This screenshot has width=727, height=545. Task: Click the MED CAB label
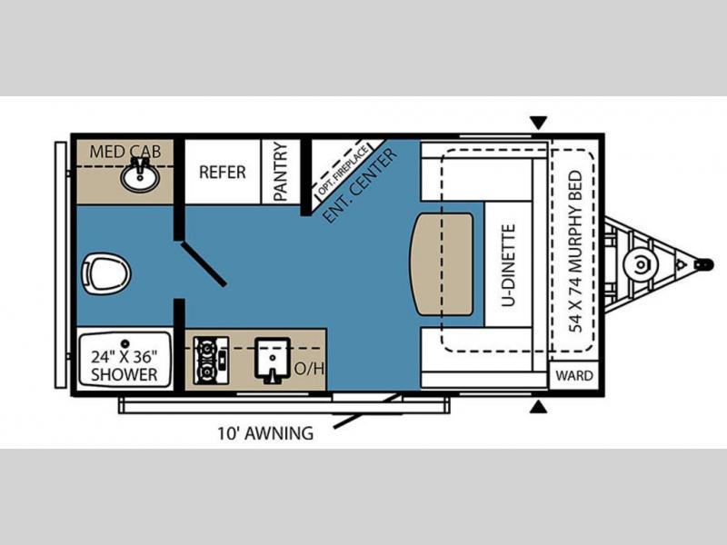pos(125,152)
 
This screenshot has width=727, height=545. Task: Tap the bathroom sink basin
pos(140,177)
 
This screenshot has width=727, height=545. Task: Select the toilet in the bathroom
pos(105,273)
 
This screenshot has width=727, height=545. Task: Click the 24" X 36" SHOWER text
pos(124,365)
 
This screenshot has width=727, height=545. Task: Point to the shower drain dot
pos(124,343)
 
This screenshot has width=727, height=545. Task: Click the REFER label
pos(222,173)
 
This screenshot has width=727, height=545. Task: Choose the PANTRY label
pos(281,172)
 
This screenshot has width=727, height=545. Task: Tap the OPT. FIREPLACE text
pos(344,170)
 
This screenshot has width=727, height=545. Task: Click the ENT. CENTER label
pos(359,185)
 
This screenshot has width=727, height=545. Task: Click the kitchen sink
pos(274,360)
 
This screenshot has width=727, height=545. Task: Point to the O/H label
pos(309,369)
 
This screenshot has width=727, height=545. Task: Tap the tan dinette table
pos(442,264)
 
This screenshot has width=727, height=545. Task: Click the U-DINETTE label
pos(509,265)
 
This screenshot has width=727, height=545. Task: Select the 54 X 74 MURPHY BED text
pos(575,252)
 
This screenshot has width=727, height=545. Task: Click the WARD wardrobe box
pos(574,375)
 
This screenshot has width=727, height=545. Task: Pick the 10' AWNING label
pos(265,433)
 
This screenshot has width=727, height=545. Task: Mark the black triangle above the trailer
pos(538,124)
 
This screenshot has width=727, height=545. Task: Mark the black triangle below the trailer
pos(538,407)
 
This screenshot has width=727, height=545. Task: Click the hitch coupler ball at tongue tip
pos(704,264)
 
